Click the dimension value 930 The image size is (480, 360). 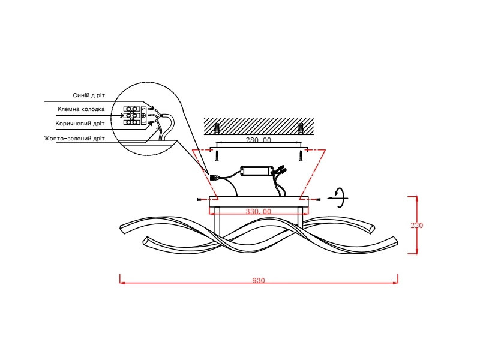click(x=259, y=280)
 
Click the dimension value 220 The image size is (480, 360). click(x=416, y=226)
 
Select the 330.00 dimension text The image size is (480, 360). click(x=259, y=211)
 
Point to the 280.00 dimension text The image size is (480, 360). click(x=259, y=140)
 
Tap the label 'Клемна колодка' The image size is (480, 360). click(x=81, y=109)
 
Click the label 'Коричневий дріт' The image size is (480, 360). click(x=80, y=124)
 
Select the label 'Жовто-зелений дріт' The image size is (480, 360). click(x=74, y=139)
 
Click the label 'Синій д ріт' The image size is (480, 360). click(x=89, y=95)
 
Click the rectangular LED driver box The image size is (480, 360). click(x=257, y=171)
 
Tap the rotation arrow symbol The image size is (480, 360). click(x=341, y=198)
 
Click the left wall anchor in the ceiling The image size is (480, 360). click(x=217, y=128)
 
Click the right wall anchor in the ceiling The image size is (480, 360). click(x=301, y=128)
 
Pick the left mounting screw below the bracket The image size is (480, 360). click(x=217, y=155)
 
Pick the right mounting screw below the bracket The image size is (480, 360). click(x=301, y=155)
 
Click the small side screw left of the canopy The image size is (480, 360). click(x=200, y=200)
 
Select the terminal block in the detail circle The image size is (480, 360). click(x=132, y=116)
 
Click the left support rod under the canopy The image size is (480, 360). click(x=217, y=221)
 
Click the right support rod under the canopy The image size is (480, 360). click(x=301, y=218)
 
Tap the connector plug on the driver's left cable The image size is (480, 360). click(x=214, y=178)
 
